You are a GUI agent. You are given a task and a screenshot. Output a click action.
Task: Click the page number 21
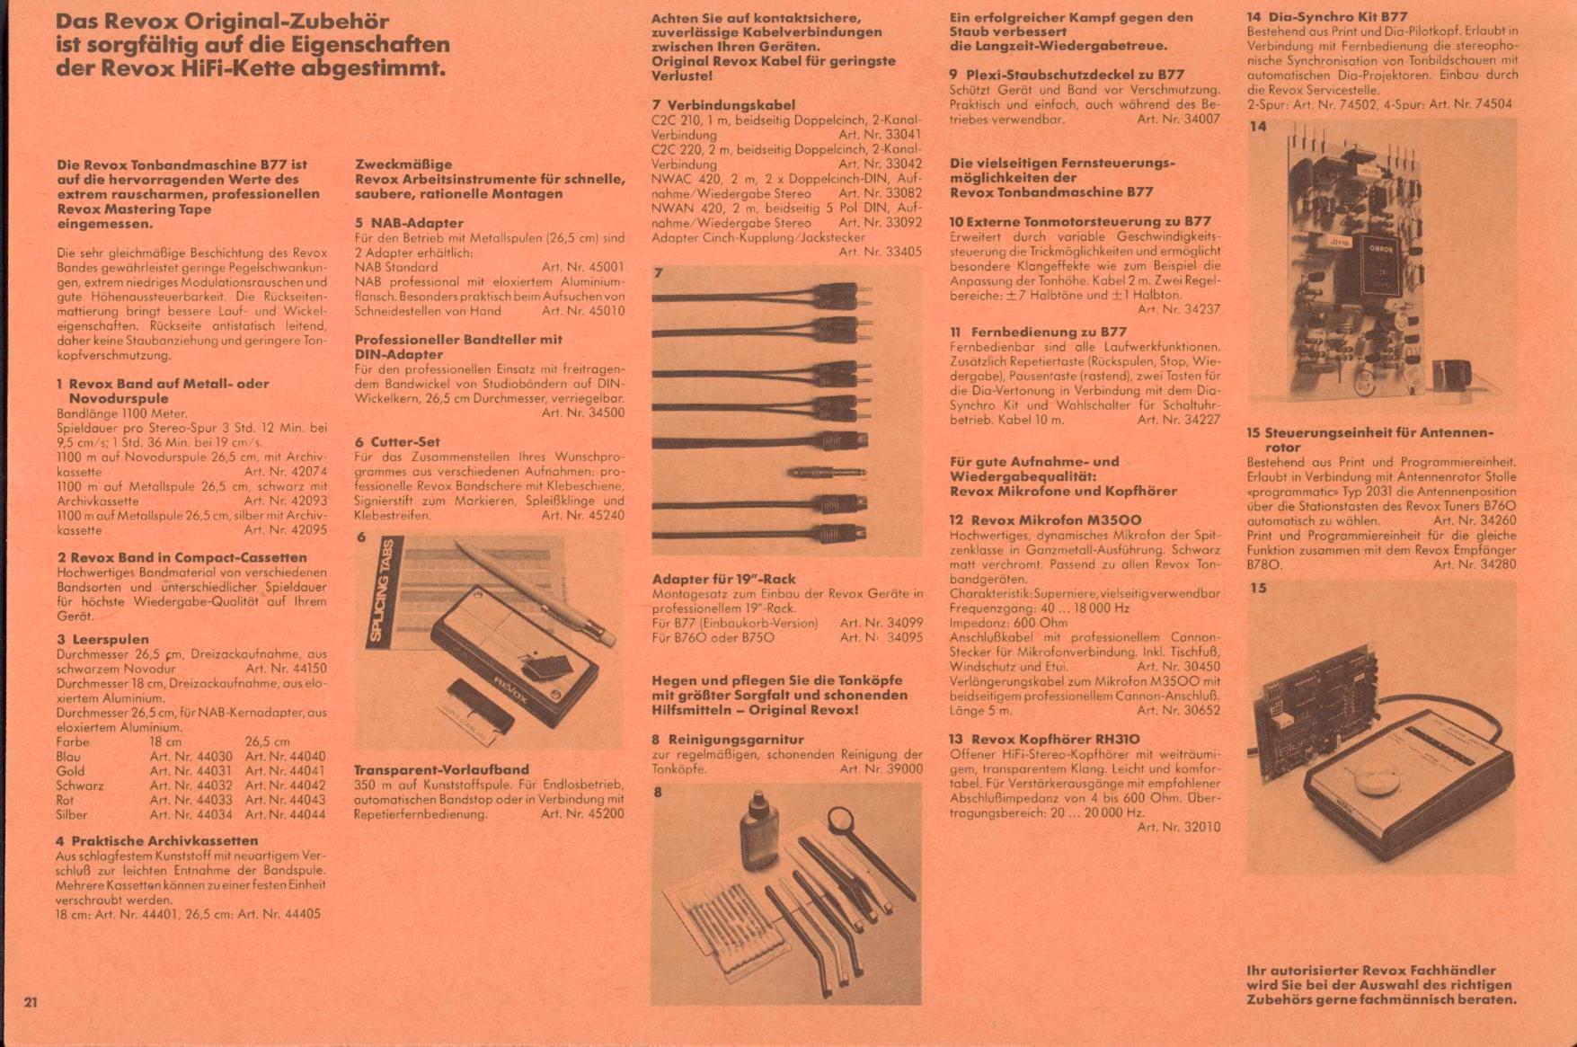coord(31,1002)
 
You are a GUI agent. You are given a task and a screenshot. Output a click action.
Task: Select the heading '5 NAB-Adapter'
coord(409,223)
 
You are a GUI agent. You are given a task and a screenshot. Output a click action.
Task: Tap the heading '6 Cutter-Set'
coord(397,442)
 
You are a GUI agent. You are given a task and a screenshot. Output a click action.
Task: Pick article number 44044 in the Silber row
coord(285,815)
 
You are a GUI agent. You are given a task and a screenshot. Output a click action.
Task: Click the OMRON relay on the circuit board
coord(1381,261)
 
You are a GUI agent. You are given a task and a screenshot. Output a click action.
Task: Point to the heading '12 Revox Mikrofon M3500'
coord(1045,520)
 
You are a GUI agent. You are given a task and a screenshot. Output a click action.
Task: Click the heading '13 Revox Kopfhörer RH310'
coord(1044,740)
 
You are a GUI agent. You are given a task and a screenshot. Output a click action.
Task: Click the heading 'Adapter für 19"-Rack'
coord(723,580)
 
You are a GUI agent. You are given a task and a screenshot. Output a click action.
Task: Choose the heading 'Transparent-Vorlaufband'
coord(441,770)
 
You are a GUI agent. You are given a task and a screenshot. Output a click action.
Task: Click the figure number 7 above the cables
coord(658,273)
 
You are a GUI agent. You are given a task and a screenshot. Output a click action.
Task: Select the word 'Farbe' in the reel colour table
coord(73,742)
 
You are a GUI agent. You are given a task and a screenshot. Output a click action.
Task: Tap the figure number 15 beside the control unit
coord(1258,589)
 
